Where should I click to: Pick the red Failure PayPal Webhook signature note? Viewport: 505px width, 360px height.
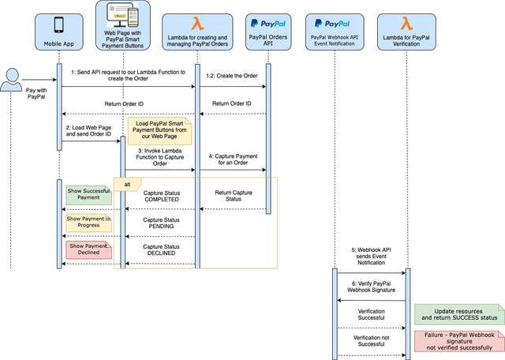[458, 340]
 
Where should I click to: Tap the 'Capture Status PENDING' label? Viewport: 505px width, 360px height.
[161, 223]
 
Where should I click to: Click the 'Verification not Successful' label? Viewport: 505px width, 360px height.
[371, 342]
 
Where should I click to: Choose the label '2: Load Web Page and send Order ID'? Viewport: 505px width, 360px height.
[89, 130]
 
